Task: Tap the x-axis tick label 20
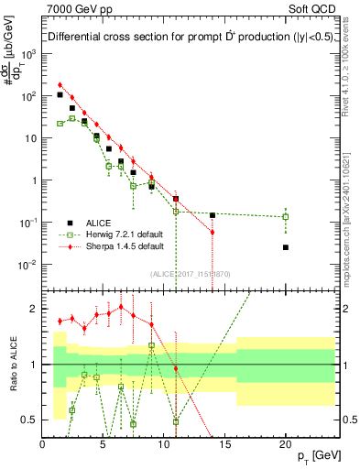pos(285,442)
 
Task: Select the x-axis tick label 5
pos(103,442)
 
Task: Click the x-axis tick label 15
pos(224,442)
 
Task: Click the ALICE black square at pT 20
pos(286,247)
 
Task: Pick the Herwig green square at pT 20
pos(286,217)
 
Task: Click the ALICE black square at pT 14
pos(213,215)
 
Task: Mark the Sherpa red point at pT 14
pos(213,233)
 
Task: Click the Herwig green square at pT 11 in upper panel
pos(176,212)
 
